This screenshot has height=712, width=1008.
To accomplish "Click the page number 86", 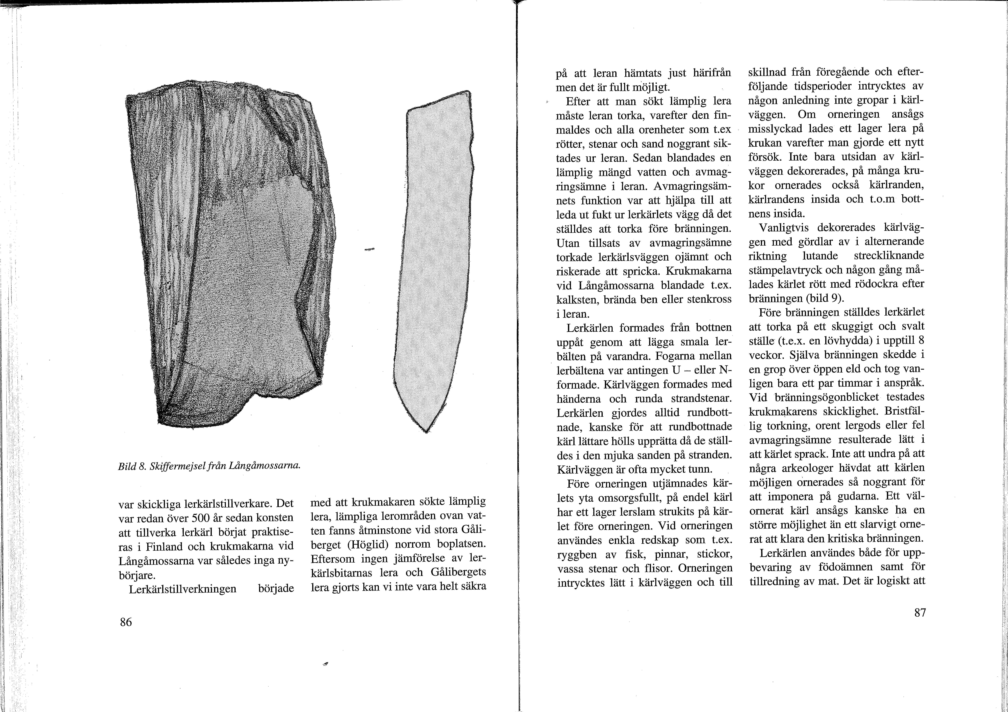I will [126, 622].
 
